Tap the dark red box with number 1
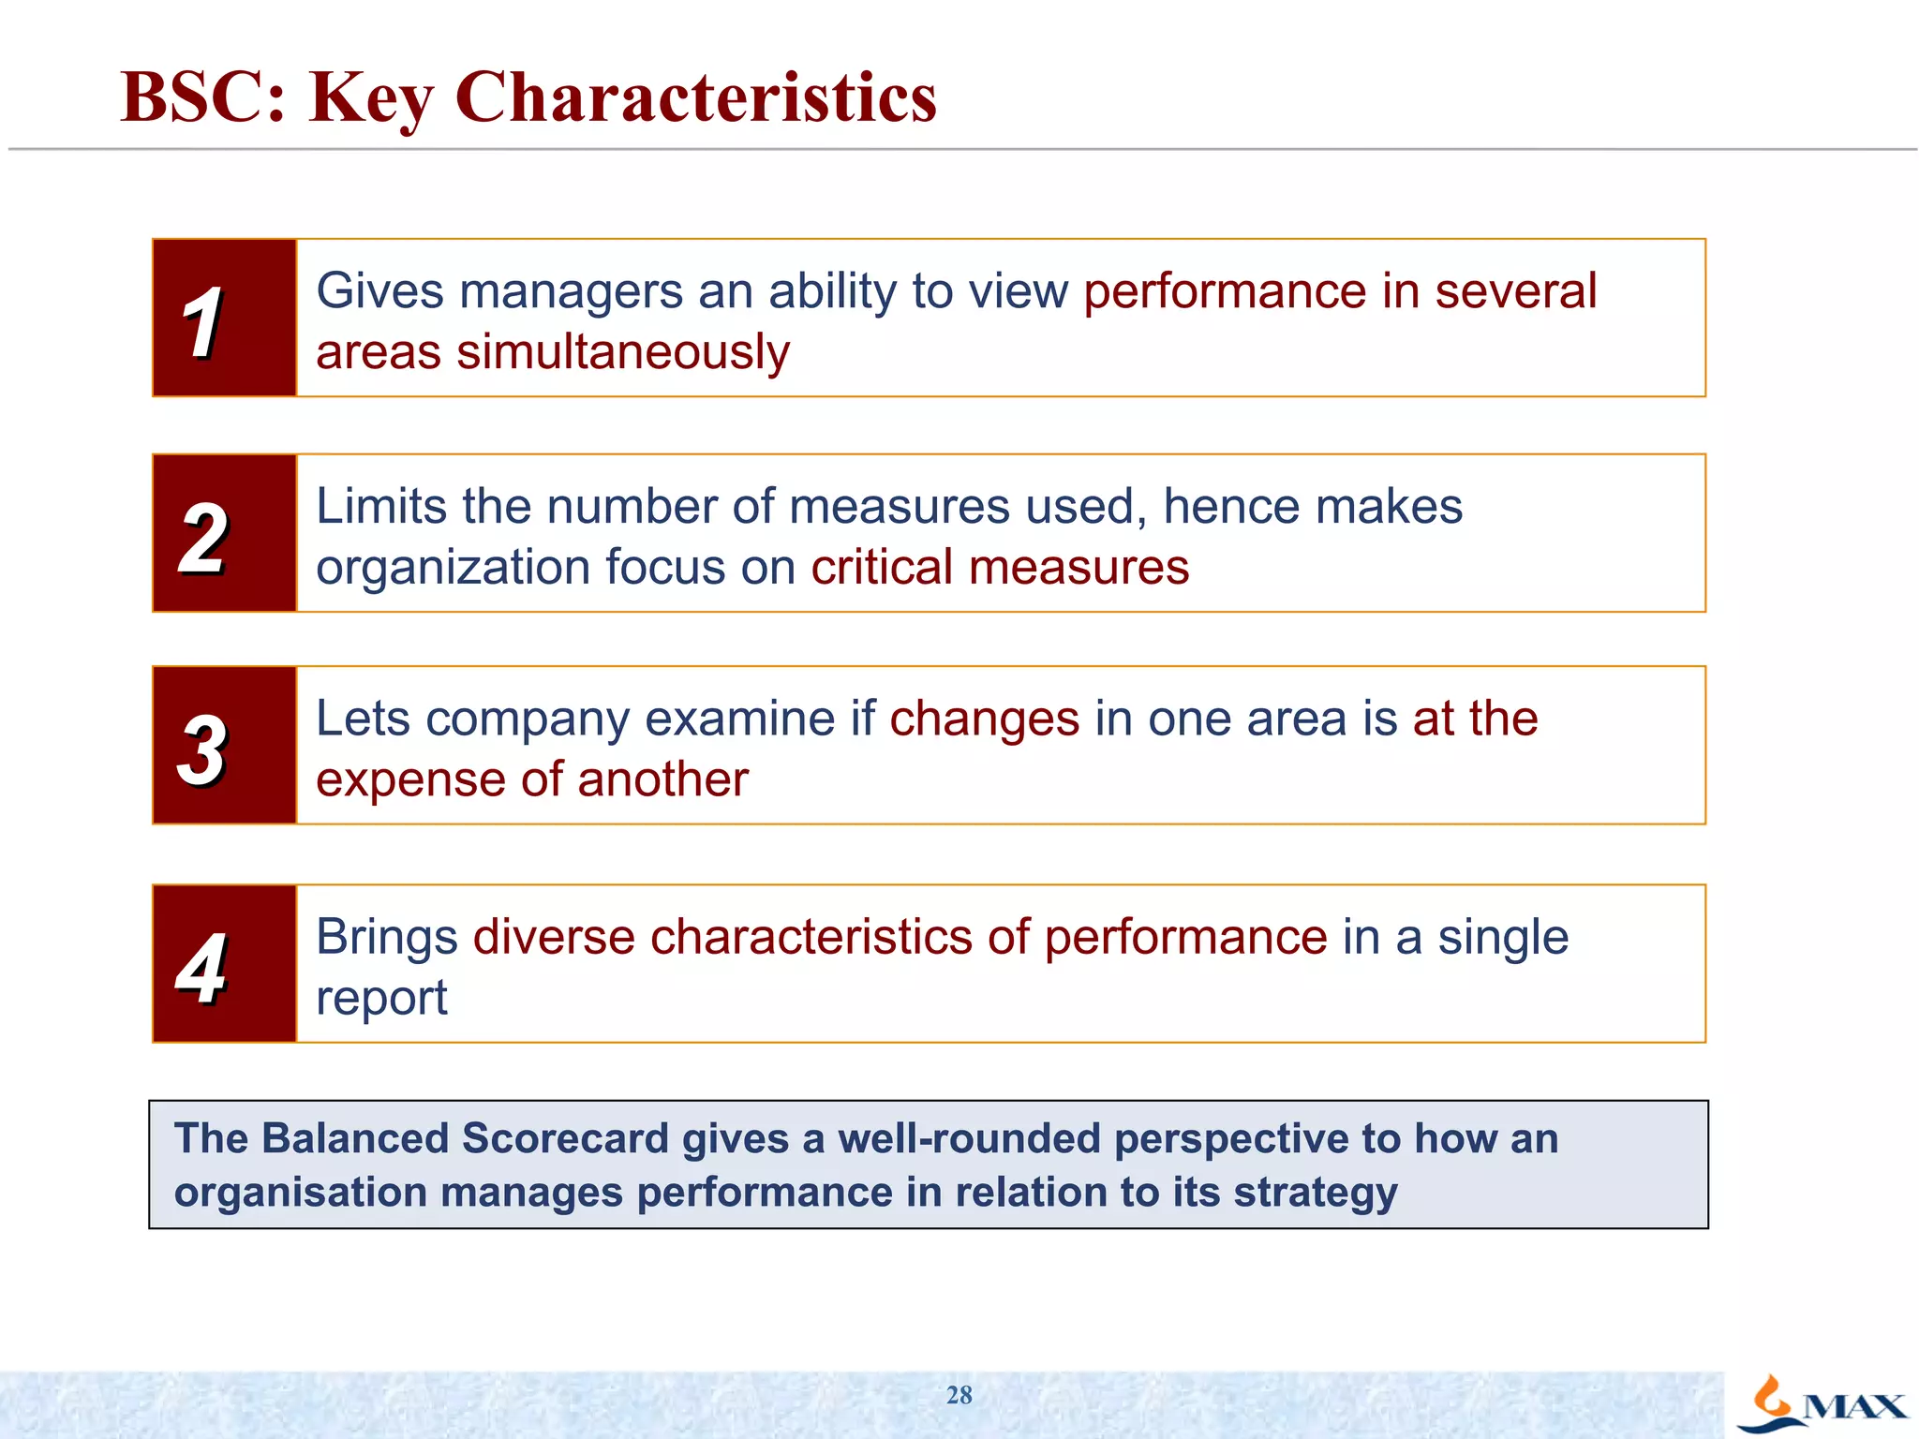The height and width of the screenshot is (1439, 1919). point(225,318)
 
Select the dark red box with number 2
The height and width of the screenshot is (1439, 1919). point(225,533)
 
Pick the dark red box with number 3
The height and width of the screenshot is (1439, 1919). point(225,746)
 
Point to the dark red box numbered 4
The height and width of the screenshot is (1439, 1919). point(225,963)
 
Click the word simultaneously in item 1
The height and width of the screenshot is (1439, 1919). point(623,353)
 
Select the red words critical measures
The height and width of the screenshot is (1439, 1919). point(1000,568)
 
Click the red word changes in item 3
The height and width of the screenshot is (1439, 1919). point(984,719)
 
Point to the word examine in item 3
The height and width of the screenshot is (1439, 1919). point(739,719)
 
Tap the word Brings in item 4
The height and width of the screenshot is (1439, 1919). point(387,937)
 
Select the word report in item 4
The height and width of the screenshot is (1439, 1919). point(381,999)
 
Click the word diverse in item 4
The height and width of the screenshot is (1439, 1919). point(554,937)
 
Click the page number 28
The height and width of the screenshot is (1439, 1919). point(959,1395)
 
